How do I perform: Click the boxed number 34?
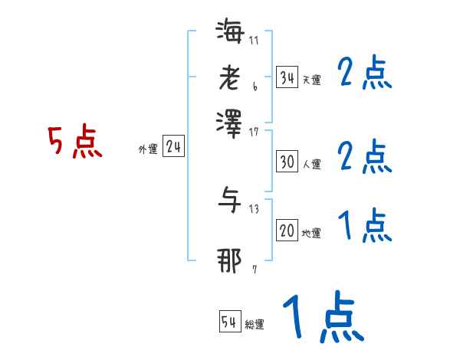pos(287,77)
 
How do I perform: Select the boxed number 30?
pos(287,162)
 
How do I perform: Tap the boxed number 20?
pos(287,231)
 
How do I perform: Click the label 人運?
pos(311,164)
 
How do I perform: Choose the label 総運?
pos(255,325)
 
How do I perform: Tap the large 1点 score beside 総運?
pos(323,316)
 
